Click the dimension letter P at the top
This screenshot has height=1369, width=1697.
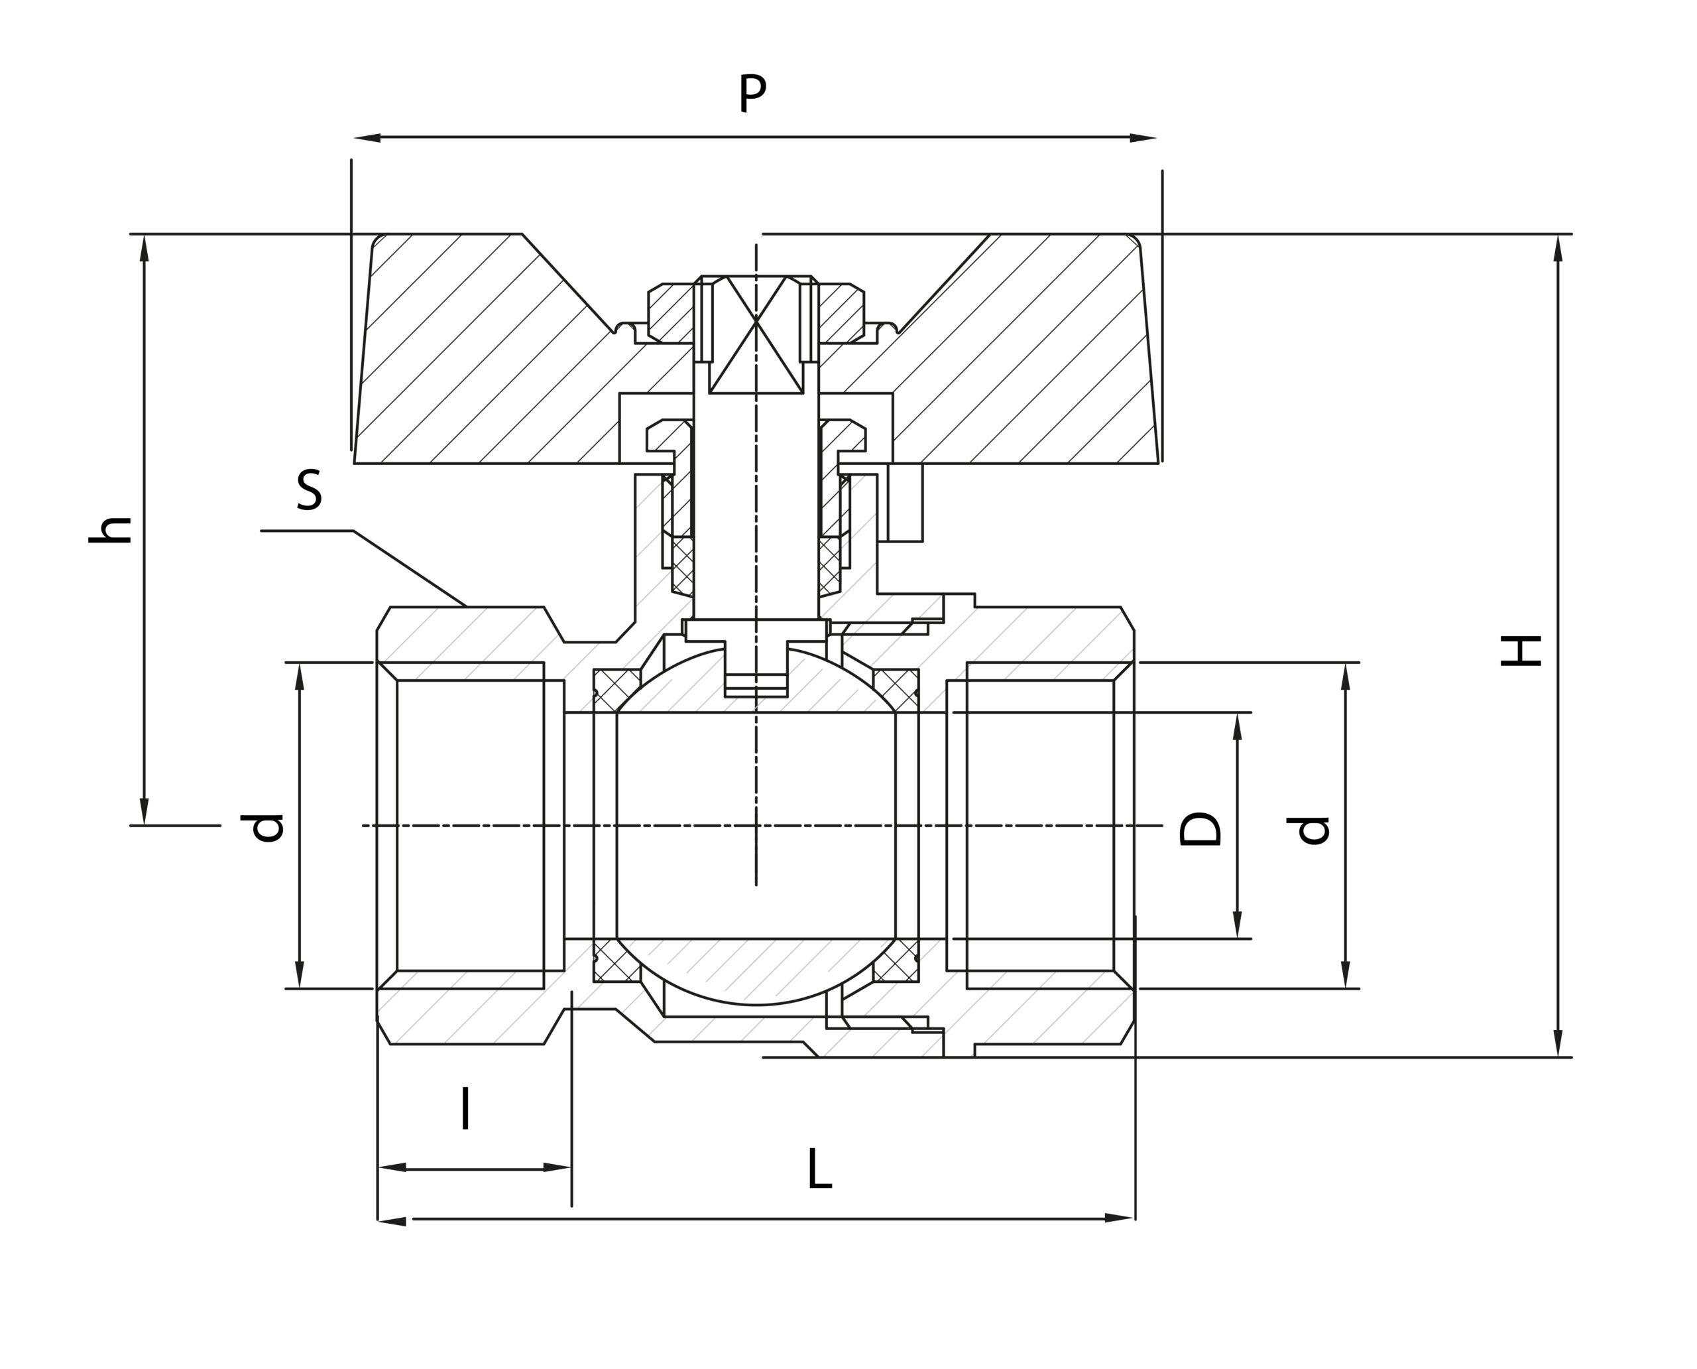[x=751, y=93]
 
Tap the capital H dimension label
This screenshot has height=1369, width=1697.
[x=1521, y=651]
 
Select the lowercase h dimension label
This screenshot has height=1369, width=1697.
[x=110, y=530]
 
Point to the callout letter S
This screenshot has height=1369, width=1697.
[x=309, y=491]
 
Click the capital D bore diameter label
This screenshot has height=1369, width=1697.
[x=1200, y=828]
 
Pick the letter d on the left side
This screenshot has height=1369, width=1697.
[x=263, y=827]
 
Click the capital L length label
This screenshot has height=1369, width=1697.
[x=819, y=1169]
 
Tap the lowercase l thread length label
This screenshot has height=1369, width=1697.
[x=465, y=1108]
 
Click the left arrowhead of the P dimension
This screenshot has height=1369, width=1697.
[x=366, y=138]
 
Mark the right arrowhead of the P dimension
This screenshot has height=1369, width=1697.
[x=1143, y=138]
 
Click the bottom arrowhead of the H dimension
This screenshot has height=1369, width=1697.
[x=1558, y=1043]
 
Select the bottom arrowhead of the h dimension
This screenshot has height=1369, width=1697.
[x=145, y=811]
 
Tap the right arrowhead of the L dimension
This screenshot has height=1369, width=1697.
[x=1119, y=1218]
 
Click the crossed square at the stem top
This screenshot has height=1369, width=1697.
[x=756, y=334]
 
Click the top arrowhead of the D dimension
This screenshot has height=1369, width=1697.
[x=1237, y=726]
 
